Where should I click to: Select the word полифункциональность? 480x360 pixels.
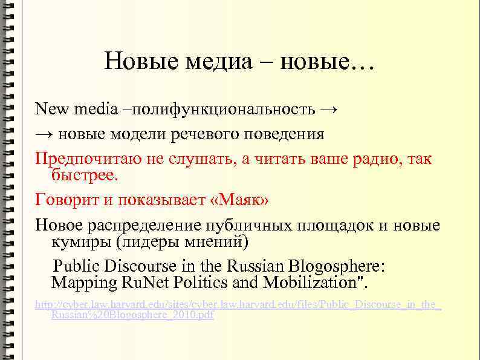click(223, 110)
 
